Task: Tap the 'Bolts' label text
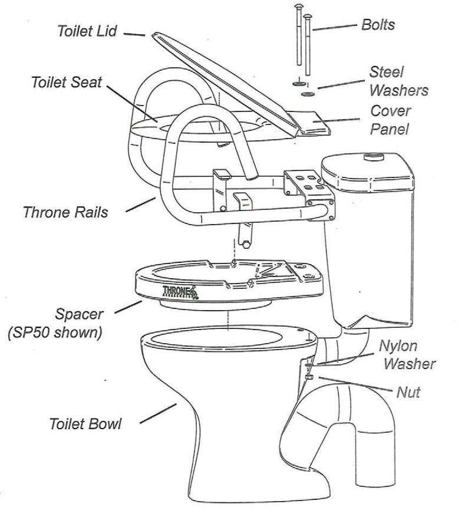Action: click(x=378, y=25)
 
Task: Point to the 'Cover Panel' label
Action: click(x=390, y=120)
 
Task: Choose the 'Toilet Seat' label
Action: click(x=67, y=83)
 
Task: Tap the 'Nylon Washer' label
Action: click(x=406, y=354)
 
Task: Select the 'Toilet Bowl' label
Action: click(x=85, y=424)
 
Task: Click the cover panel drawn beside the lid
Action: click(x=319, y=123)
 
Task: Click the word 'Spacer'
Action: click(x=79, y=314)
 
